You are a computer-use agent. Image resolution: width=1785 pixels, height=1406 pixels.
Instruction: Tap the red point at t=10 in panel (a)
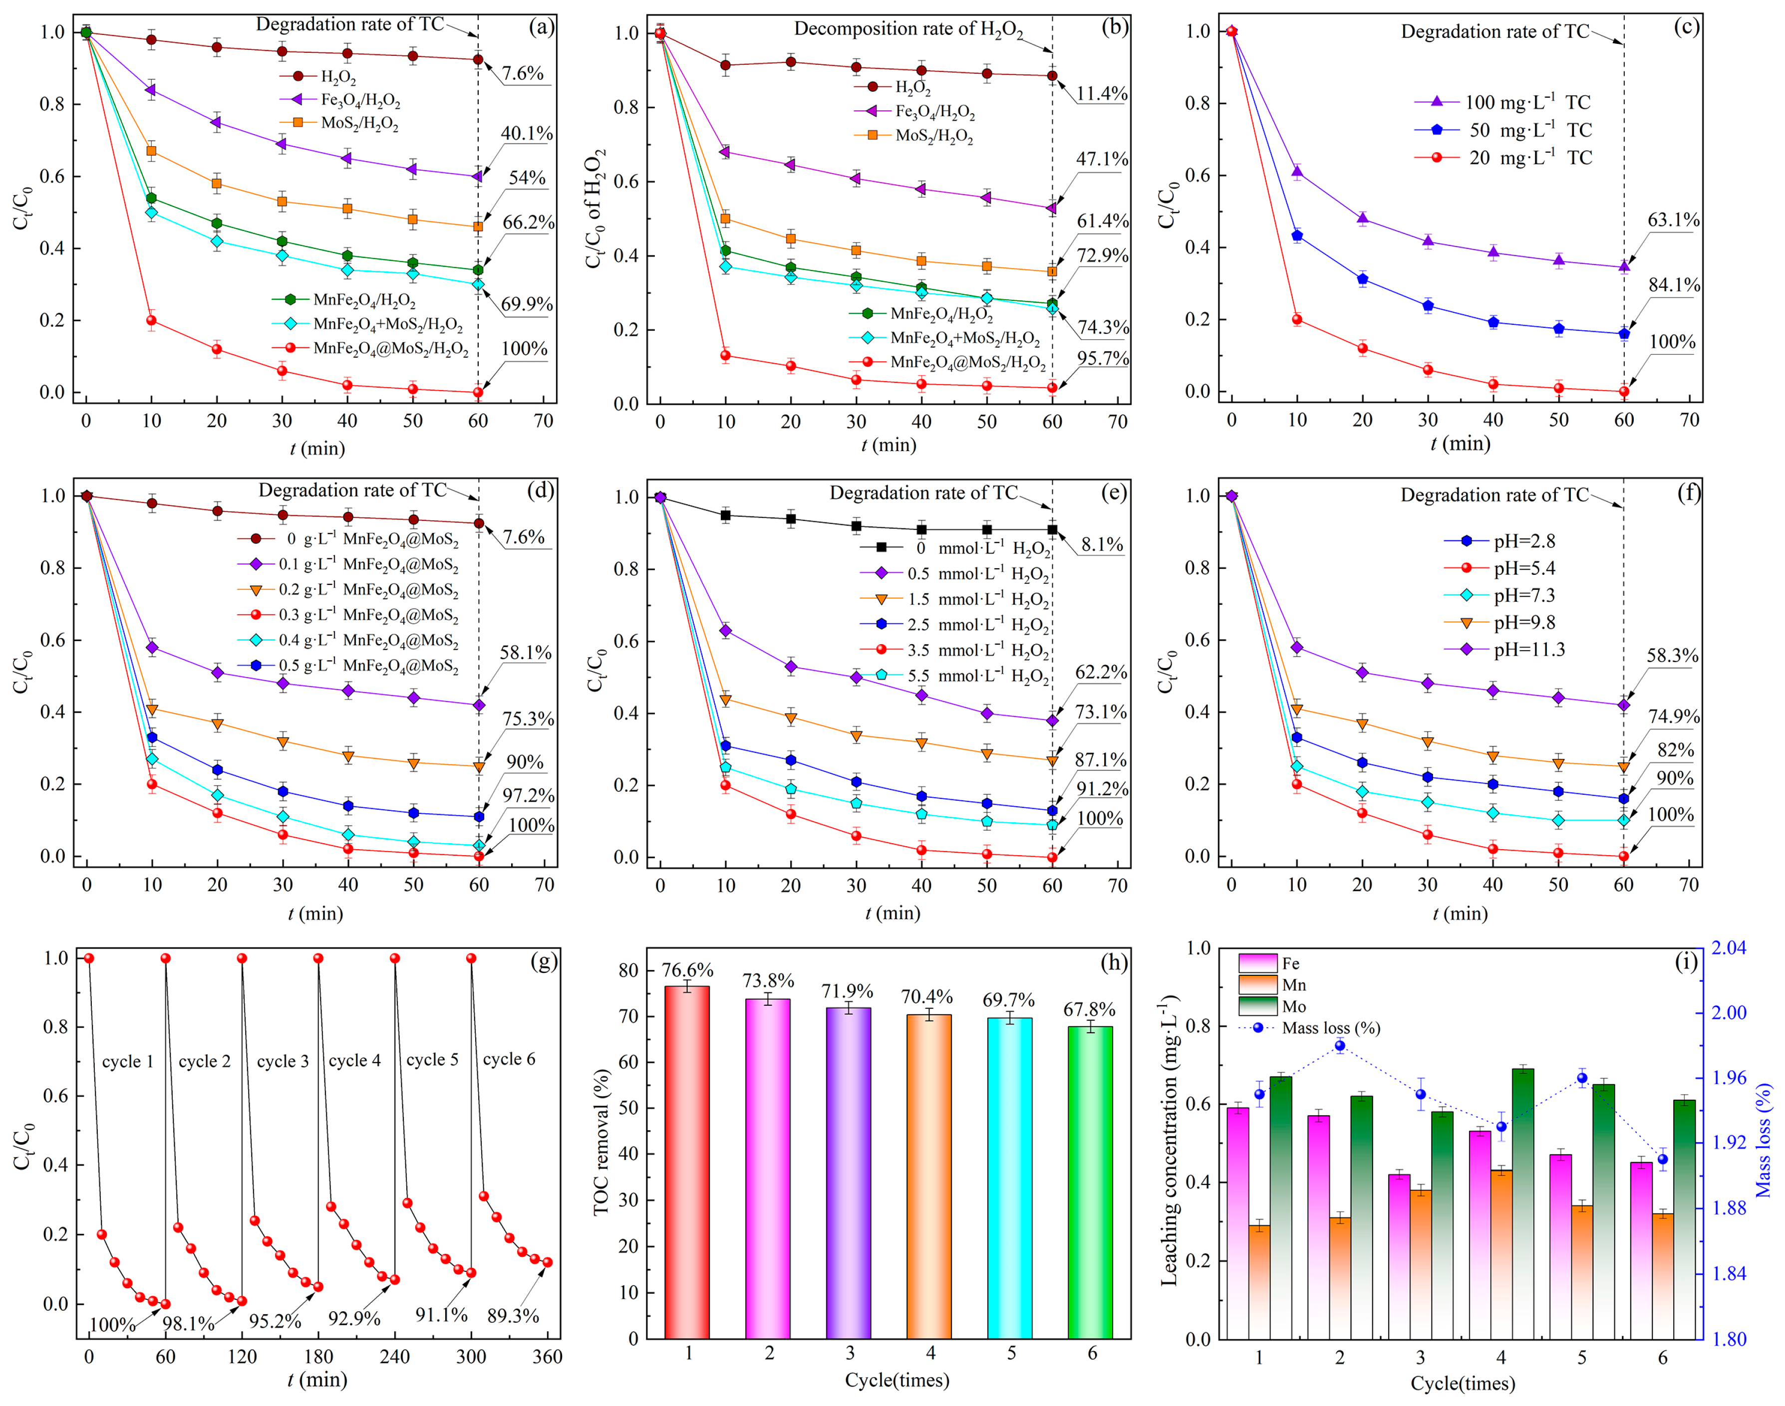coord(151,321)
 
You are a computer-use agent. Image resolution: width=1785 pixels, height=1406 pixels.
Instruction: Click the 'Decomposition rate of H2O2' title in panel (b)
coord(908,29)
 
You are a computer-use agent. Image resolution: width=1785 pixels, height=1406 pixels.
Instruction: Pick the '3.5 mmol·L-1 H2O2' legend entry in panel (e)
coord(976,650)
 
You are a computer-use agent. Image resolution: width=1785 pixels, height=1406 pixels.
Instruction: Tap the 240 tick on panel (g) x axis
coord(394,1357)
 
